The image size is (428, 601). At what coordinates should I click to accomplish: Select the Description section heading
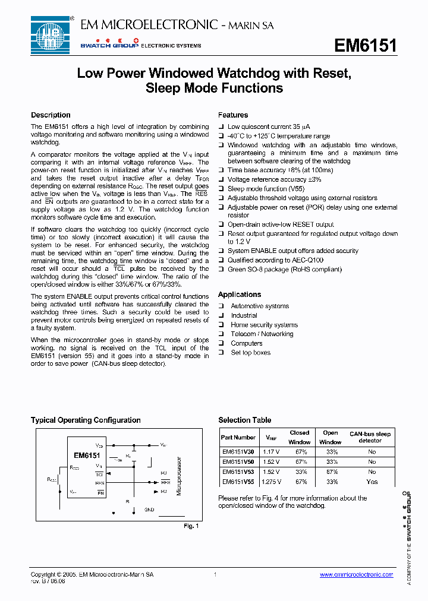coord(51,115)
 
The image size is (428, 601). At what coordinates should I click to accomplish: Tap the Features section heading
coord(233,115)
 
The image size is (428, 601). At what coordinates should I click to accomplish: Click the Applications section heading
coord(240,295)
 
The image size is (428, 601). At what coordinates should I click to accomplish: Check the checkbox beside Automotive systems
coord(221,306)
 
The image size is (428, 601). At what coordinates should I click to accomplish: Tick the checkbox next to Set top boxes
coord(221,353)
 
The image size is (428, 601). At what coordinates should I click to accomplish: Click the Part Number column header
coord(238,437)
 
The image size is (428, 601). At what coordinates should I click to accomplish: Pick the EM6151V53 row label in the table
coord(238,472)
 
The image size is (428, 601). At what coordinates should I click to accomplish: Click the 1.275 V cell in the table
coord(271,482)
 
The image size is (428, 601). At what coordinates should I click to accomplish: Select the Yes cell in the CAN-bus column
coord(372,482)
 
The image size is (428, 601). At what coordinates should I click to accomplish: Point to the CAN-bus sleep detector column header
coord(370,437)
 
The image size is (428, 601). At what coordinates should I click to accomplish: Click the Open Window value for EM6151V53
coord(331,472)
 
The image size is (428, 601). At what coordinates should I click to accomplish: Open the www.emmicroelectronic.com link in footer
coord(356,575)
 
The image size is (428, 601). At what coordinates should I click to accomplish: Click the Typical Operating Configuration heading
coord(86,420)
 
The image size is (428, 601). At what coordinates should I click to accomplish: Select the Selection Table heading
coord(244,420)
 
